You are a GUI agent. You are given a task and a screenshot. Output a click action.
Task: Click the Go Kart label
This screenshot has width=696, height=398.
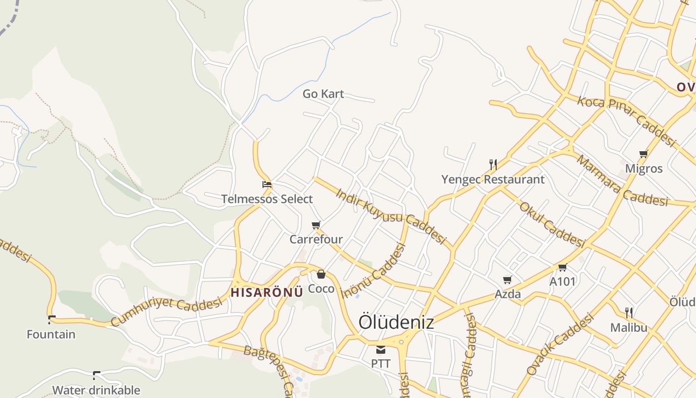pos(323,94)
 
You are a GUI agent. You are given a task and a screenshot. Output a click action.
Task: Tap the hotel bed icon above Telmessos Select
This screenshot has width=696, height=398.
pos(267,185)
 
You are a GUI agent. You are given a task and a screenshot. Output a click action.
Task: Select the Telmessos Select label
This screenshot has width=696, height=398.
pos(267,199)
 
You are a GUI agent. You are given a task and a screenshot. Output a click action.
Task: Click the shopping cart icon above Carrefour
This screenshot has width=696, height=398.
pos(316,225)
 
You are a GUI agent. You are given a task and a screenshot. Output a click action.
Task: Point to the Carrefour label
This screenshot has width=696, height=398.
pos(316,239)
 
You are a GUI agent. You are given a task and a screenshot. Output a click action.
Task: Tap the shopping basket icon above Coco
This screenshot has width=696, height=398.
pos(321,274)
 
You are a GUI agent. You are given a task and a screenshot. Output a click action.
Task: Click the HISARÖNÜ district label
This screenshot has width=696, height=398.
pos(267,292)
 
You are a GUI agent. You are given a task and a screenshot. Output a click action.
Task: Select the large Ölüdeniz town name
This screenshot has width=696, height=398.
pos(396,322)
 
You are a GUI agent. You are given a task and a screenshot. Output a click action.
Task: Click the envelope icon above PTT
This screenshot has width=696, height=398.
pos(381,349)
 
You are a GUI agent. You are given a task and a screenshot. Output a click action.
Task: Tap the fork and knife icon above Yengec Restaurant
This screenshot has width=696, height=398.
pos(493,164)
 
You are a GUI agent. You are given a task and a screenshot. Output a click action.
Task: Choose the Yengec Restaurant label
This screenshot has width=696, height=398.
pos(493,179)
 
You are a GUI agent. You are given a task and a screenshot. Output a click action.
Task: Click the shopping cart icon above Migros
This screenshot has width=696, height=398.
pos(644,154)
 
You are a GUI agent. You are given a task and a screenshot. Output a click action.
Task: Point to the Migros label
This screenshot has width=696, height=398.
pos(644,168)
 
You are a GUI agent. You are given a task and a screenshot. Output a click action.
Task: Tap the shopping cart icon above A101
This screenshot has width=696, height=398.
pos(563,267)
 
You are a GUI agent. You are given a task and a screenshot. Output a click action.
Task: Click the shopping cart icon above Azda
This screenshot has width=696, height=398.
pos(508,280)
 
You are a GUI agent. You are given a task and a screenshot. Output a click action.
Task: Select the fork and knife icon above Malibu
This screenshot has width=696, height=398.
pos(629,312)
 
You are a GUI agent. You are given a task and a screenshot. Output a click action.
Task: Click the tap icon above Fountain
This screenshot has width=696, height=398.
pos(51,319)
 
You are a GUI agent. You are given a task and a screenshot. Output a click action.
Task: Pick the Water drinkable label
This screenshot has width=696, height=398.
pos(96,390)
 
